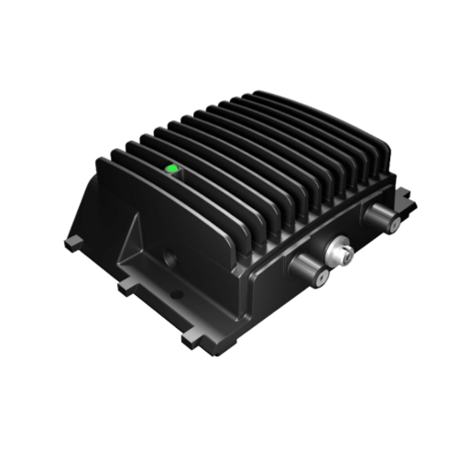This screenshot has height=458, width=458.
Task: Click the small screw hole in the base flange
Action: [178, 295]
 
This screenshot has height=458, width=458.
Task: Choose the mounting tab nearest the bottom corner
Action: [191, 338]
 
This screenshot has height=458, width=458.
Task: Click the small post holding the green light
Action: [171, 175]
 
